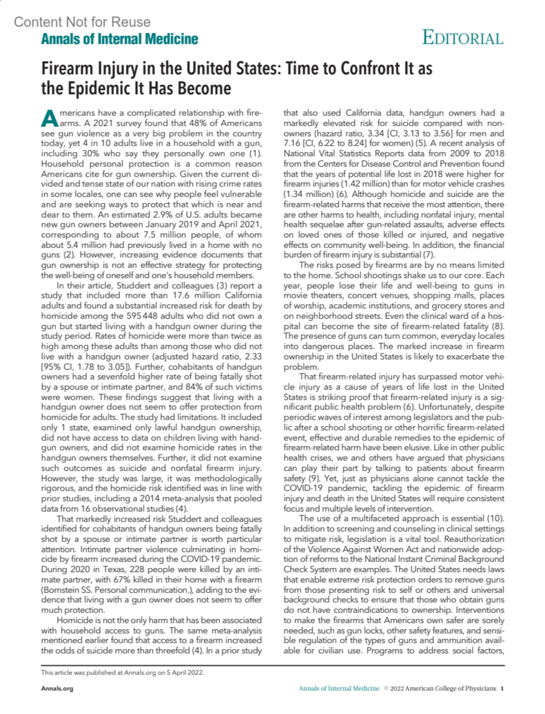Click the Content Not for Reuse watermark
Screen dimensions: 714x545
[x=82, y=22]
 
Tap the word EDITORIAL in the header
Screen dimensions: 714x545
[x=463, y=39]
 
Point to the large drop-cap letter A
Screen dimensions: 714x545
[x=50, y=118]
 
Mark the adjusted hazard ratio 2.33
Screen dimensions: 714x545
[x=251, y=356]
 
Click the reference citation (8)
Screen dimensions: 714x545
[x=498, y=326]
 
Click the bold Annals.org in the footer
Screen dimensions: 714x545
[x=57, y=688]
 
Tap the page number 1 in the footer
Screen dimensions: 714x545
[x=502, y=688]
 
